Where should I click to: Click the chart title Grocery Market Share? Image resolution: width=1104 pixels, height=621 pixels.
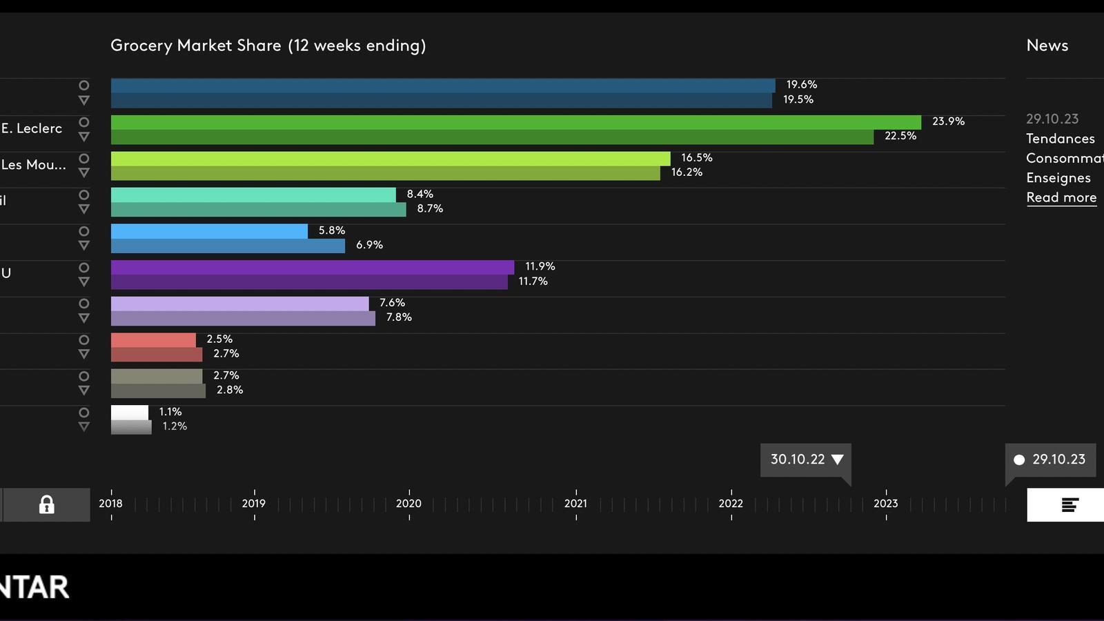pyautogui.click(x=268, y=46)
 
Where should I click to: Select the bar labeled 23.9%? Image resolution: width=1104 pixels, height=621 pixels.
pyautogui.click(x=515, y=122)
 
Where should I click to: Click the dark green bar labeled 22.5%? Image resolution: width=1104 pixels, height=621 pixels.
pyautogui.click(x=491, y=137)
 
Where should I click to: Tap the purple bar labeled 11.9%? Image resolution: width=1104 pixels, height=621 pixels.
pyautogui.click(x=312, y=267)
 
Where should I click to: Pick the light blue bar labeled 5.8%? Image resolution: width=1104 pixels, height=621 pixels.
pyautogui.click(x=209, y=231)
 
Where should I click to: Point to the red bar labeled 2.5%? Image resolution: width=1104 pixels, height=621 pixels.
pyautogui.click(x=153, y=340)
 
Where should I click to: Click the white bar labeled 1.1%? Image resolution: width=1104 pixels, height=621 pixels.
pyautogui.click(x=130, y=413)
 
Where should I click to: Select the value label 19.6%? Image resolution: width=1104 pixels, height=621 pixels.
pyautogui.click(x=801, y=85)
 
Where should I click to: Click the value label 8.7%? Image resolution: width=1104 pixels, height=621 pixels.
pyautogui.click(x=429, y=208)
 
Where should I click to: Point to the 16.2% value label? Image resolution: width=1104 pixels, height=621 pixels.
pyautogui.click(x=687, y=172)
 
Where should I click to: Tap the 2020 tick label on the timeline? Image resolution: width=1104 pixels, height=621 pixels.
pyautogui.click(x=408, y=504)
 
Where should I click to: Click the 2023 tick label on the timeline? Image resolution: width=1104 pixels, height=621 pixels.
pyautogui.click(x=885, y=504)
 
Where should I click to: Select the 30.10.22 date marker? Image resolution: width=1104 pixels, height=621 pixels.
pyautogui.click(x=805, y=460)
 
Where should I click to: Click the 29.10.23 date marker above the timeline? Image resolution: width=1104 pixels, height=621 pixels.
pyautogui.click(x=1050, y=460)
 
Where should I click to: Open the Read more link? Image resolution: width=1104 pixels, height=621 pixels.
pyautogui.click(x=1061, y=197)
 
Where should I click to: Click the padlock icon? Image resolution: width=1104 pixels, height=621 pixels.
pyautogui.click(x=46, y=504)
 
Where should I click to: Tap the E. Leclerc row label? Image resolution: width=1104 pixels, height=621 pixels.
pyautogui.click(x=32, y=128)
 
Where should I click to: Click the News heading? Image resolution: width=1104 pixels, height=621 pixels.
pyautogui.click(x=1047, y=46)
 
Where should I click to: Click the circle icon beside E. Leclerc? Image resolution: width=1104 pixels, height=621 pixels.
pyautogui.click(x=83, y=122)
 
